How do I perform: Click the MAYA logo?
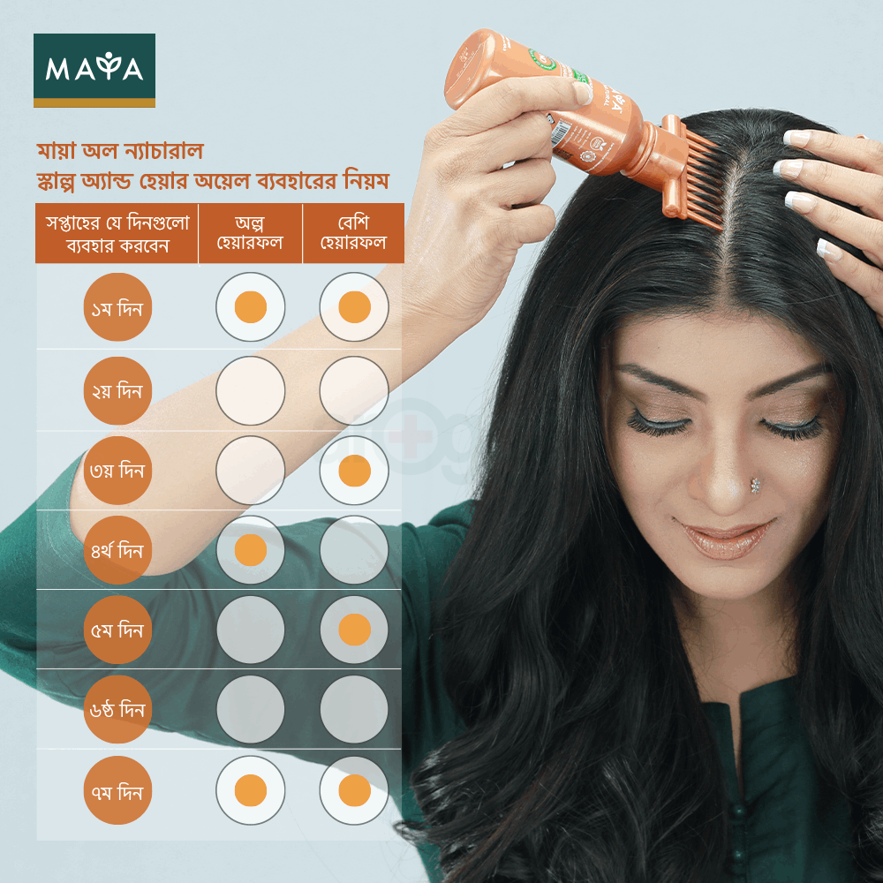(94, 69)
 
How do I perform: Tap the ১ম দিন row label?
(117, 310)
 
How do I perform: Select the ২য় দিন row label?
(117, 390)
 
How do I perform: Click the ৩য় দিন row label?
(117, 471)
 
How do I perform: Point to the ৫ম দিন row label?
(117, 630)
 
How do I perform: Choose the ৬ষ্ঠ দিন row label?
(117, 710)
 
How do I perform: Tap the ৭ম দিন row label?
(117, 790)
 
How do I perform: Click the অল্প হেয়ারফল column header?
(250, 233)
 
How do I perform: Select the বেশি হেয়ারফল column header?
(353, 233)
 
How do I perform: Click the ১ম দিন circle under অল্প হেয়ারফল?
(250, 307)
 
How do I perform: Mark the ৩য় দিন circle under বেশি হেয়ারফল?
(354, 471)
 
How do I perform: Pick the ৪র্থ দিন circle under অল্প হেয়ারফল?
(250, 550)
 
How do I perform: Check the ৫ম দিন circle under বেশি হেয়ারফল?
(354, 630)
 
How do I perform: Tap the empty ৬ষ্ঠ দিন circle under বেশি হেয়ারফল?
(354, 709)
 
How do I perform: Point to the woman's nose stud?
(756, 485)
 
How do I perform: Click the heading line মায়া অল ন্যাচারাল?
(119, 150)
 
